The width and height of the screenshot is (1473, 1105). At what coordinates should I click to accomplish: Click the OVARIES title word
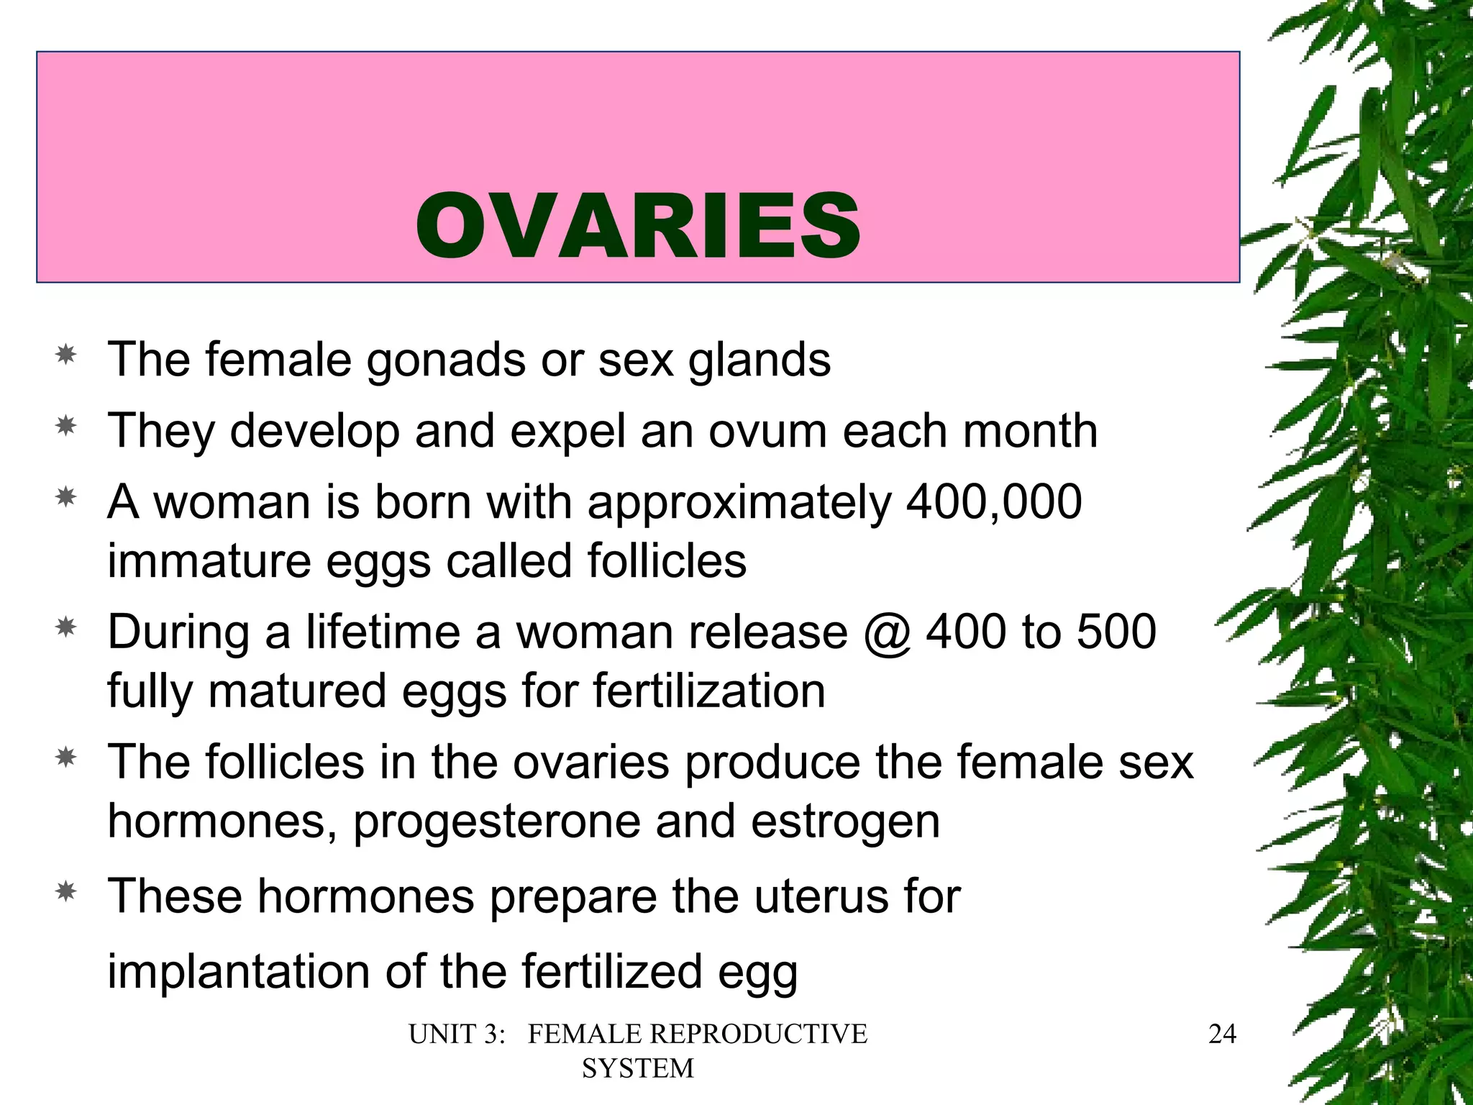[638, 227]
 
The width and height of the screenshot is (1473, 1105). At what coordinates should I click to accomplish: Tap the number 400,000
[994, 501]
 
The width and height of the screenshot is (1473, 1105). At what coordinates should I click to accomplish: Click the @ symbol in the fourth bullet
[888, 633]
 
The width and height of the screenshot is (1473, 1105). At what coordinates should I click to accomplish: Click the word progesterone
[496, 822]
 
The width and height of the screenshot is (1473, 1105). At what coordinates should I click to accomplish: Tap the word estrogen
[845, 822]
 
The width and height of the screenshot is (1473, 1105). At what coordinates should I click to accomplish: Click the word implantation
[238, 971]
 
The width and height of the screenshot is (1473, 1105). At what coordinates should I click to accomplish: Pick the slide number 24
[1222, 1034]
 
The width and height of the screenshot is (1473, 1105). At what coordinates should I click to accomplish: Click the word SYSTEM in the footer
[638, 1068]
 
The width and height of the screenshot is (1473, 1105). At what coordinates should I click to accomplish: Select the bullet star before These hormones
[66, 892]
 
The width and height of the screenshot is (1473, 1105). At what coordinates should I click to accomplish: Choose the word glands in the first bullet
[759, 360]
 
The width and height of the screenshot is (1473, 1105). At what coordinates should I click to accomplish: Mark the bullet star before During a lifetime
[66, 628]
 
